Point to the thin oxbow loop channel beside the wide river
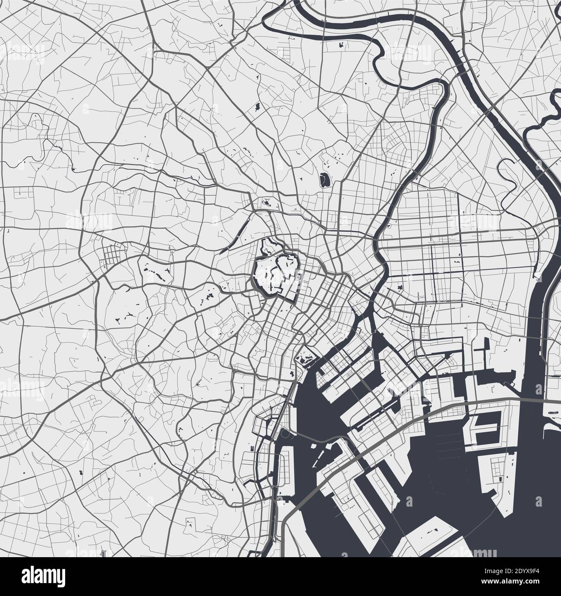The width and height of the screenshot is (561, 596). [507, 173]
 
